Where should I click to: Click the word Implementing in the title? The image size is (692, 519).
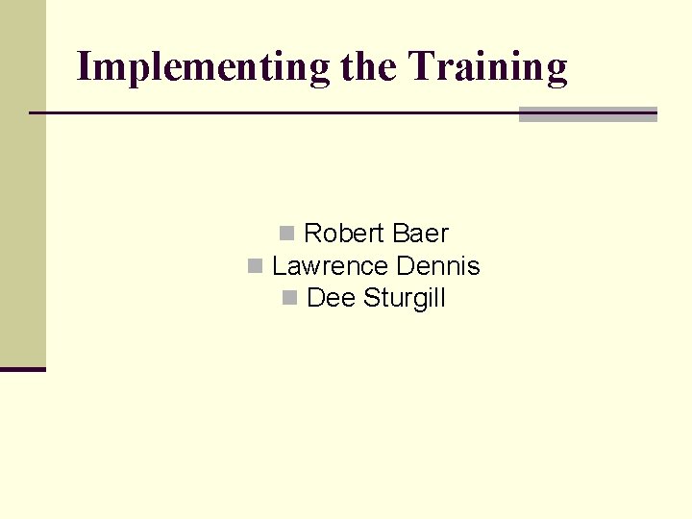pyautogui.click(x=203, y=67)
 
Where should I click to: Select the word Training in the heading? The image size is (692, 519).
pyautogui.click(x=488, y=67)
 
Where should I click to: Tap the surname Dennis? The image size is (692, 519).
pyautogui.click(x=437, y=266)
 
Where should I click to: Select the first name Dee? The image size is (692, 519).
pyautogui.click(x=331, y=299)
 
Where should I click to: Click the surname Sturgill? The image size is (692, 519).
pyautogui.click(x=405, y=299)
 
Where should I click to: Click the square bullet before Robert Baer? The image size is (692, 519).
pyautogui.click(x=286, y=234)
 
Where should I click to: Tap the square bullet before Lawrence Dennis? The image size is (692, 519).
pyautogui.click(x=255, y=266)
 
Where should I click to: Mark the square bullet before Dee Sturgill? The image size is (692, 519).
pyautogui.click(x=289, y=299)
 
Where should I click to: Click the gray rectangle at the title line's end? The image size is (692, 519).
pyautogui.click(x=587, y=114)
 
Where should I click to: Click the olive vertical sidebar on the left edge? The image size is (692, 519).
pyautogui.click(x=22, y=183)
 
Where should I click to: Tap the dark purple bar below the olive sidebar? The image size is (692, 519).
pyautogui.click(x=22, y=369)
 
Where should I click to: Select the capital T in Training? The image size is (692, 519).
pyautogui.click(x=420, y=67)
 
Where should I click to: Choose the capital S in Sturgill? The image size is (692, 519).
pyautogui.click(x=371, y=299)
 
